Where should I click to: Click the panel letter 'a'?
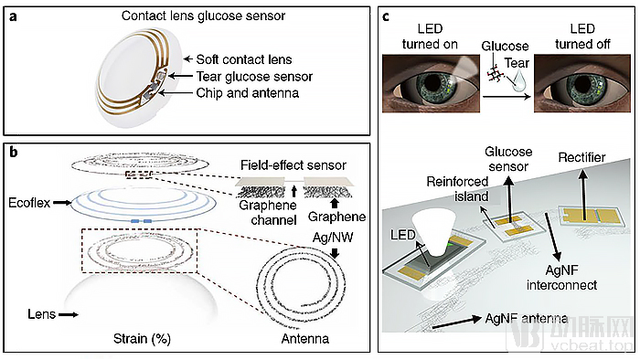pos(14,16)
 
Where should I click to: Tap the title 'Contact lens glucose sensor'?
pos(203,16)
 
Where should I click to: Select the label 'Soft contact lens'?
pos(244,59)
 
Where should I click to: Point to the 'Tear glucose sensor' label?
pos(254,76)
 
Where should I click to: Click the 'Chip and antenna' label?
pos(248,93)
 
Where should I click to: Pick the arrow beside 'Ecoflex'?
pos(61,202)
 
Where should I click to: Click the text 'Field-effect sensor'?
pos(293,165)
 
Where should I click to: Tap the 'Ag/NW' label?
pos(333,238)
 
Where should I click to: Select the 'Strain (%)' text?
pos(142,339)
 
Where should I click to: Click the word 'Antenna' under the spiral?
pos(304,339)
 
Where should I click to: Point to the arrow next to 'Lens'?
pos(69,314)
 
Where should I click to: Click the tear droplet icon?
pos(518,81)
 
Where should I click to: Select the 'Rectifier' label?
pos(581,157)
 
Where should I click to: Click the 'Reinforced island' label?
pos(457,189)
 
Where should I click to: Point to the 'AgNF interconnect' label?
pos(561,278)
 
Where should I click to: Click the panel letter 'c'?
pos(386,16)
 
